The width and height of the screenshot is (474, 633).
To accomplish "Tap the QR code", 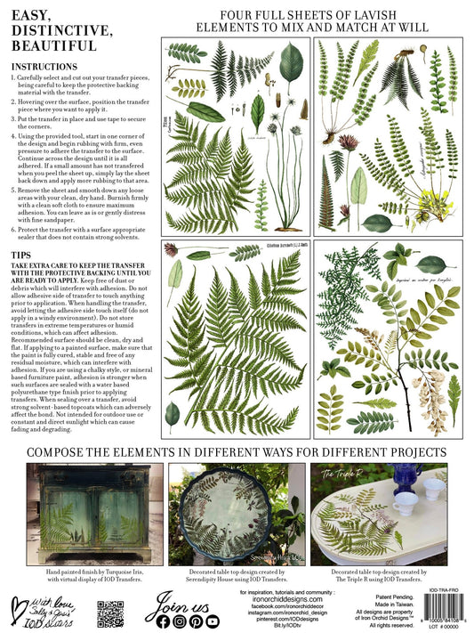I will coord(108,613).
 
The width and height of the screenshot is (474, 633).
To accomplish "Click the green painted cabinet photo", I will coord(87,513).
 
